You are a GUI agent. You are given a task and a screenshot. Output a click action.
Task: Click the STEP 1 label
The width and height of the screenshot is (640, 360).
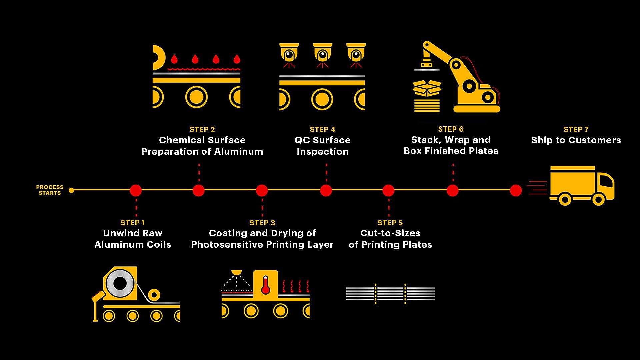tap(133, 223)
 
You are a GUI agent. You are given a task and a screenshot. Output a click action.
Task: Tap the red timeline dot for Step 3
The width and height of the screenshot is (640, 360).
tap(262, 191)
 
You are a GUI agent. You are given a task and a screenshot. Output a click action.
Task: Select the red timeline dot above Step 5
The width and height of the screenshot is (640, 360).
tap(388, 191)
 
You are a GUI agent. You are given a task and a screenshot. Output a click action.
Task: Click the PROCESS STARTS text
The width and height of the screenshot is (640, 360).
tap(50, 190)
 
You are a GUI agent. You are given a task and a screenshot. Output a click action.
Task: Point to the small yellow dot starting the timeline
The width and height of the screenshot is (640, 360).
tap(71, 190)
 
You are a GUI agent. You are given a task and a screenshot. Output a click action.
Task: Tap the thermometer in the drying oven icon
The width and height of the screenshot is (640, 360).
tap(265, 285)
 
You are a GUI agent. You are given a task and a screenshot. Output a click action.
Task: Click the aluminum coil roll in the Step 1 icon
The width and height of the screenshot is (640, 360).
tap(120, 284)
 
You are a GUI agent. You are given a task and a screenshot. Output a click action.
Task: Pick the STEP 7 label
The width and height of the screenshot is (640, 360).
tap(576, 129)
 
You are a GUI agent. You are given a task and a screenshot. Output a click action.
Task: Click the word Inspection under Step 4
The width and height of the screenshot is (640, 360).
tap(322, 152)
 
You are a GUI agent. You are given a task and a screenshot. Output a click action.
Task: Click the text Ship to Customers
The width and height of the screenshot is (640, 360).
tap(576, 140)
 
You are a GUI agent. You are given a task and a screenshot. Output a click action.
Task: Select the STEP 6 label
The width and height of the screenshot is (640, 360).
tap(451, 129)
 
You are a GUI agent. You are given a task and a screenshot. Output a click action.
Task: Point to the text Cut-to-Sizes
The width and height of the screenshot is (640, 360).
tap(390, 233)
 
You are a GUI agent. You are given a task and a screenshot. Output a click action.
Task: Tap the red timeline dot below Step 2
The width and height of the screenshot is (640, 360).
tap(199, 191)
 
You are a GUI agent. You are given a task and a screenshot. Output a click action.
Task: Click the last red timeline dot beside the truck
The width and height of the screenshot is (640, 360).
tap(516, 191)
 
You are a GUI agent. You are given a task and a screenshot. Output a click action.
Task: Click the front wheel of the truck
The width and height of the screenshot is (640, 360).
tap(598, 200)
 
